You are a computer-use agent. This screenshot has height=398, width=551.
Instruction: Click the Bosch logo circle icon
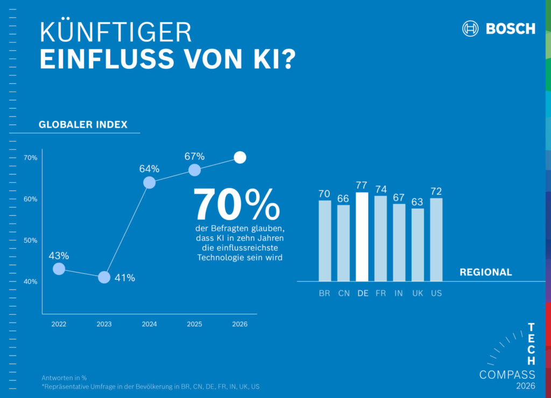pyautogui.click(x=470, y=29)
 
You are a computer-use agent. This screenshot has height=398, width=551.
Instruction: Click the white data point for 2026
pyautogui.click(x=240, y=158)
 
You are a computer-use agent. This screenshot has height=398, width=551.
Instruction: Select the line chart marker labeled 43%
pyautogui.click(x=59, y=269)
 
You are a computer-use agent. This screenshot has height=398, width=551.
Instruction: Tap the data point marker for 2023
pyautogui.click(x=104, y=278)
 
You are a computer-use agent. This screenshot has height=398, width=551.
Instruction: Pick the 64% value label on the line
pyautogui.click(x=149, y=169)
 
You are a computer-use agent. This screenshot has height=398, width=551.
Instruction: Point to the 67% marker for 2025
pyautogui.click(x=195, y=170)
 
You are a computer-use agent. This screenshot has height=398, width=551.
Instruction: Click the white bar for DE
pyautogui.click(x=362, y=237)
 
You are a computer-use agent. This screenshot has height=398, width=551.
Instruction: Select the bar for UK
pyautogui.click(x=418, y=245)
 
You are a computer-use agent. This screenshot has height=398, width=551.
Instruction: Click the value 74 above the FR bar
pyautogui.click(x=380, y=189)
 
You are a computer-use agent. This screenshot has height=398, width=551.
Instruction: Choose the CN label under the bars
pyautogui.click(x=343, y=294)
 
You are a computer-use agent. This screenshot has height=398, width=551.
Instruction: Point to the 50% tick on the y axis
pyautogui.click(x=30, y=240)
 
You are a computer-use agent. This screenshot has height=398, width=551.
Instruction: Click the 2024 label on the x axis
pyautogui.click(x=149, y=324)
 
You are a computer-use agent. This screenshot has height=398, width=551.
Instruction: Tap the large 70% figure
pyautogui.click(x=237, y=204)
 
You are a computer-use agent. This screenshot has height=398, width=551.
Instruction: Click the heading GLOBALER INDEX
pyautogui.click(x=83, y=125)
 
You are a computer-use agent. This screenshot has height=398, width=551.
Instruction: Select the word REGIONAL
pyautogui.click(x=485, y=272)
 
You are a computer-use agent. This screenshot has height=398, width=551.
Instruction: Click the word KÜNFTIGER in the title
pyautogui.click(x=116, y=33)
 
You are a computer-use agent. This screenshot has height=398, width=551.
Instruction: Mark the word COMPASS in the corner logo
pyautogui.click(x=507, y=375)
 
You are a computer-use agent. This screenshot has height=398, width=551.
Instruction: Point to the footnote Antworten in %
pyautogui.click(x=64, y=377)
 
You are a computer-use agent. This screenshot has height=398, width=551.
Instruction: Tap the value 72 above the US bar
pyautogui.click(x=436, y=191)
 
